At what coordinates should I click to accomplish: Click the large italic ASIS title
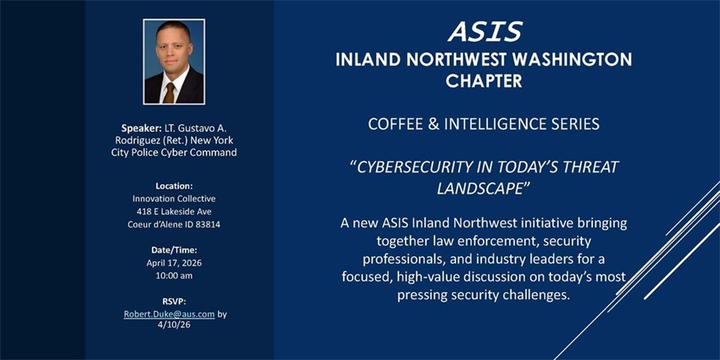click(485, 31)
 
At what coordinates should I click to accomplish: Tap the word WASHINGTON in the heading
click(572, 59)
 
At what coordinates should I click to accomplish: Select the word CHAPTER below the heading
click(484, 80)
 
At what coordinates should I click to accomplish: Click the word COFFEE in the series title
click(395, 124)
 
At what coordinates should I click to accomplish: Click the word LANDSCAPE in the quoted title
click(479, 188)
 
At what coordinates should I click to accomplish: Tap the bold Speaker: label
click(142, 128)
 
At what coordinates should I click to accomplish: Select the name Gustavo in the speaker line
click(196, 128)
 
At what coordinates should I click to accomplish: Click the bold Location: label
click(174, 186)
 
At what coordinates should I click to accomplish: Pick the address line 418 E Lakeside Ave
click(174, 211)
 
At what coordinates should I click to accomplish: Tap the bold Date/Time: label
click(174, 250)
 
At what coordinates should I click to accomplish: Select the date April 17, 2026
click(174, 263)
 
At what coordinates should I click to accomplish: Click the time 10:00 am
click(174, 276)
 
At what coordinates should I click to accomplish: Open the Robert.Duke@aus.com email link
click(169, 314)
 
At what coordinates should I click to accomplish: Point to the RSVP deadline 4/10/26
click(174, 325)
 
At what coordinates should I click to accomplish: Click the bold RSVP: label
click(174, 301)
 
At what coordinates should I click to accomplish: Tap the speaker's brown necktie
click(169, 93)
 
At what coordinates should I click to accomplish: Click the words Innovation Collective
click(174, 199)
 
